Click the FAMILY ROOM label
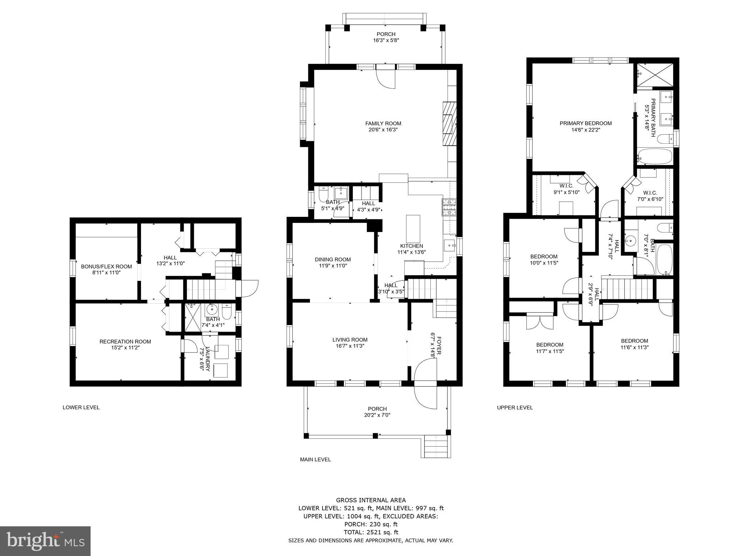point(383,123)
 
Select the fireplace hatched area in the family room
point(449,123)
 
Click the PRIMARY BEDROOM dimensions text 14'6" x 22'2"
point(585,130)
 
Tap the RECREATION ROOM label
point(125,341)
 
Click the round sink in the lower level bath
point(211,310)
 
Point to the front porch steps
point(436,446)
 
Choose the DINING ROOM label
point(333,260)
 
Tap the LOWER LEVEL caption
point(81,407)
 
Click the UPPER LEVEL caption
point(514,407)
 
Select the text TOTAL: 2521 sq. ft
point(371,532)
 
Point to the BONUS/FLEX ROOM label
point(106,266)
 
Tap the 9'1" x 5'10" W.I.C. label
point(566,192)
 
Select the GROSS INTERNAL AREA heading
point(371,500)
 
